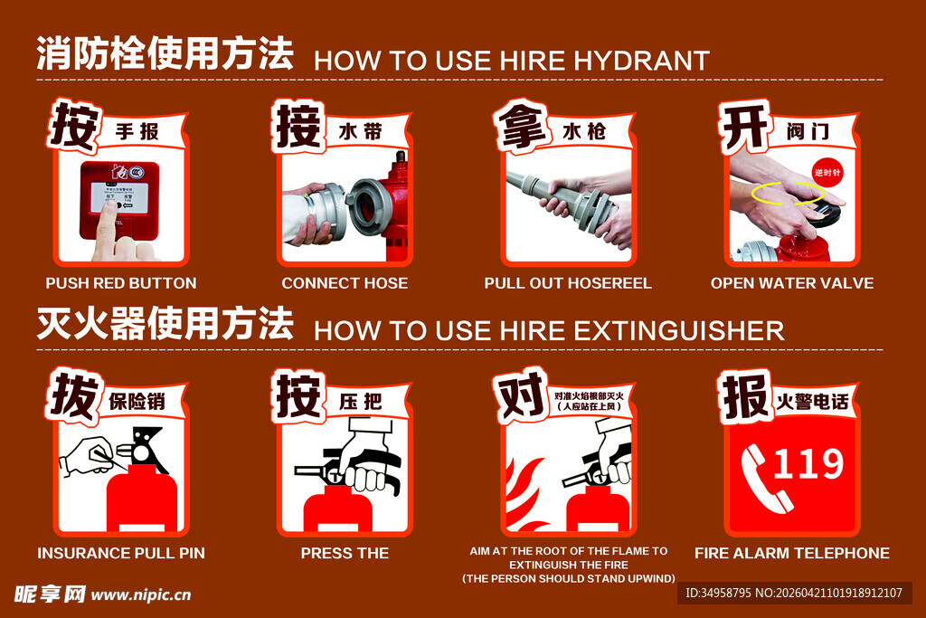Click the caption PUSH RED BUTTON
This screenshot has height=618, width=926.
click(x=121, y=283)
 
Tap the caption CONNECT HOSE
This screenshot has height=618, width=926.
click(x=345, y=283)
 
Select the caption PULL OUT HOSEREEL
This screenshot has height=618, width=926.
click(x=568, y=283)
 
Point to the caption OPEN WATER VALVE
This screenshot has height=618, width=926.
click(x=792, y=283)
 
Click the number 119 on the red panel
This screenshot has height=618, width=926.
click(x=808, y=464)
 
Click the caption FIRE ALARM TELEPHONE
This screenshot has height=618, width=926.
click(x=792, y=553)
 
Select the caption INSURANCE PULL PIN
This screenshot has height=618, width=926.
click(x=121, y=553)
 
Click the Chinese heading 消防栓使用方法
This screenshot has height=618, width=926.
click(x=165, y=54)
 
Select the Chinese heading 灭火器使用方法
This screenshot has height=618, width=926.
click(x=165, y=324)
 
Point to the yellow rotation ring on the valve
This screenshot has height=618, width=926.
click(x=788, y=194)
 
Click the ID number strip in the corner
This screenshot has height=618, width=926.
click(x=794, y=594)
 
